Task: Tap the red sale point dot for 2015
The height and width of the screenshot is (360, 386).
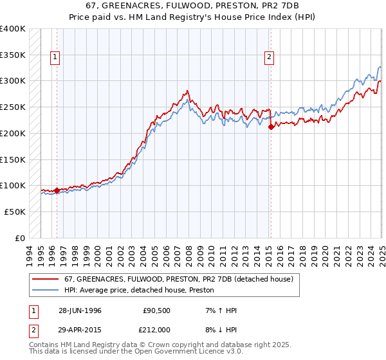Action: point(271,127)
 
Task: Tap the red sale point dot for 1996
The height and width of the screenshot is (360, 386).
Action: point(57,190)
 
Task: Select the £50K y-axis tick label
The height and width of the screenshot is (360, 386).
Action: point(15,212)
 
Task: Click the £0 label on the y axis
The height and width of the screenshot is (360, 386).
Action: point(20,238)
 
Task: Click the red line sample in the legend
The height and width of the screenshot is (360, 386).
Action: point(44,279)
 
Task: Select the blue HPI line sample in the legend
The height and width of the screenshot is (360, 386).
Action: point(44,291)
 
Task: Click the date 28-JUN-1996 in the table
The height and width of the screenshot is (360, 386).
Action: point(80,310)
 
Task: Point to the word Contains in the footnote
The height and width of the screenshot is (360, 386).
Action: point(44,345)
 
